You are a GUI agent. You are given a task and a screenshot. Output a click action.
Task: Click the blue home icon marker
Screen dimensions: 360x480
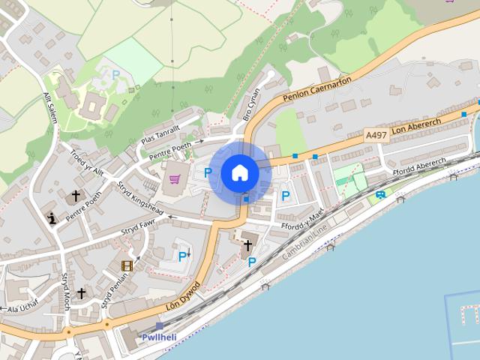point(239,173)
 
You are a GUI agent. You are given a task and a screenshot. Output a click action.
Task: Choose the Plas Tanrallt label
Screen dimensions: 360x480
point(160,135)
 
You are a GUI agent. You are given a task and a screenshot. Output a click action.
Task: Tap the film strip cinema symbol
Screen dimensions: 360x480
point(127,265)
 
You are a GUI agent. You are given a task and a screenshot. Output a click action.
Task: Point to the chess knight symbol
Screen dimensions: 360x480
point(52,218)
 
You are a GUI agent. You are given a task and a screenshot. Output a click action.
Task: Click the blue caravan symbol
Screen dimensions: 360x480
point(381,195)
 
